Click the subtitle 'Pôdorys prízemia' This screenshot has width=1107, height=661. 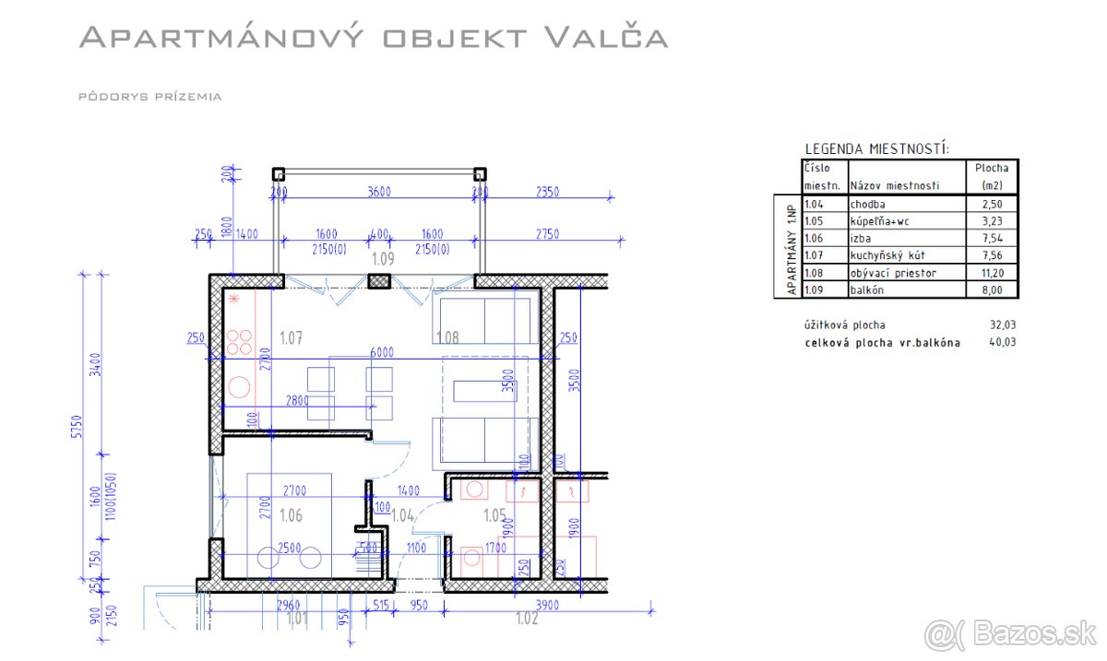tap(150, 96)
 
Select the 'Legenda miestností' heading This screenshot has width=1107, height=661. tap(877, 148)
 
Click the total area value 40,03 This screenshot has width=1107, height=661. tap(992, 343)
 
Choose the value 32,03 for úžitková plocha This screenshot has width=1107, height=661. tap(992, 325)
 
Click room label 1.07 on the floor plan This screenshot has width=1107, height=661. tap(291, 338)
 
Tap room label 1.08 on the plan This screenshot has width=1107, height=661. tap(447, 338)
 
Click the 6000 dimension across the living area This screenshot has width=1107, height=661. tap(382, 352)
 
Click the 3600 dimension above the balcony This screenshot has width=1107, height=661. tap(378, 192)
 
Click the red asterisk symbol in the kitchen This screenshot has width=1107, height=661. tap(234, 301)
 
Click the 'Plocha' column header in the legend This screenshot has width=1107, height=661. tap(992, 168)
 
